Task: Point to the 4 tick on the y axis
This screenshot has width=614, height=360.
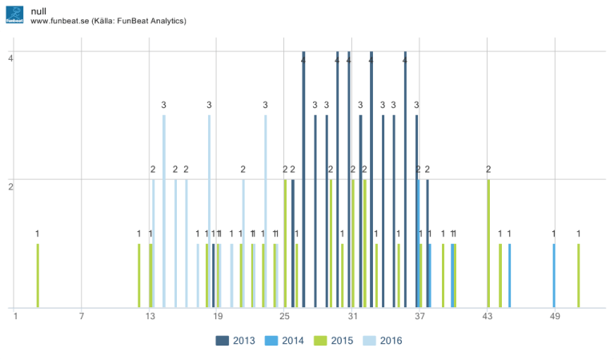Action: click(x=10, y=58)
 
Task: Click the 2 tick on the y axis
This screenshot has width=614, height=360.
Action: click(x=10, y=186)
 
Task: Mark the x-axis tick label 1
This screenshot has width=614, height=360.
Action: click(x=15, y=317)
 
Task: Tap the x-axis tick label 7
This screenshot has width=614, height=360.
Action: click(x=82, y=317)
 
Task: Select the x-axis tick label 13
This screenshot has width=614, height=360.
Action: click(x=150, y=317)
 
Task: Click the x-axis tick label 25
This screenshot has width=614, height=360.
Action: click(x=284, y=317)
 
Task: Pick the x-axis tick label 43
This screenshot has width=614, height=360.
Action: click(x=488, y=317)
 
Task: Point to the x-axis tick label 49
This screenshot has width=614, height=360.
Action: click(x=555, y=317)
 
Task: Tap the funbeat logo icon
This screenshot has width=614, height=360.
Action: click(x=14, y=14)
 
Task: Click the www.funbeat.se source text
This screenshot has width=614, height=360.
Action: click(x=108, y=20)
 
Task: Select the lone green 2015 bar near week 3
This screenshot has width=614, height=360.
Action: click(x=38, y=275)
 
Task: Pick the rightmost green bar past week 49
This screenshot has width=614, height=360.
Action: click(x=578, y=275)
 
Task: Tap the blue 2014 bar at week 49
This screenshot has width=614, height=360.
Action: click(x=553, y=275)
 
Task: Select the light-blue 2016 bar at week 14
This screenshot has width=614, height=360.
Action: click(x=164, y=211)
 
